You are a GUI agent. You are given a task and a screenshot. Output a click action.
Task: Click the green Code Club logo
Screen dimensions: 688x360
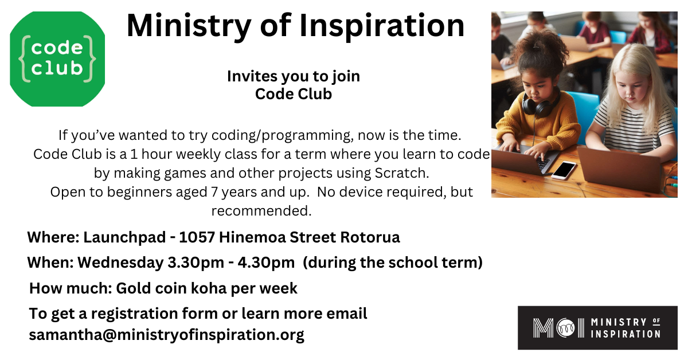coord(57,59)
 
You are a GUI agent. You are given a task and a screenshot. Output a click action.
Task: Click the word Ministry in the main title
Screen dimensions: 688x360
coord(189,26)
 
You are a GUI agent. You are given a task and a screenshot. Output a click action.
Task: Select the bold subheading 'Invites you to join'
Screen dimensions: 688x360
coord(294,76)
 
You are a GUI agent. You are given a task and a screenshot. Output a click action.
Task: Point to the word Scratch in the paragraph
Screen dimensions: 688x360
coord(401,173)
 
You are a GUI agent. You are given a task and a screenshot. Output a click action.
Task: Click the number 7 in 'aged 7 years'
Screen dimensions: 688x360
coord(214,192)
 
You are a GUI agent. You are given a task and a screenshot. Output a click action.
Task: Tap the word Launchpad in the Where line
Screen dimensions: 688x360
coord(124,237)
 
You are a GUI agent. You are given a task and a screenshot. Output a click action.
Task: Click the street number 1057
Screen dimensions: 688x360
coord(197,237)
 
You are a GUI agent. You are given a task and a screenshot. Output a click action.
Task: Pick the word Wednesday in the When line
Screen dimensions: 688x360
coord(120,263)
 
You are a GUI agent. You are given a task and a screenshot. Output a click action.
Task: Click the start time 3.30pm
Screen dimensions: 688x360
coord(196,263)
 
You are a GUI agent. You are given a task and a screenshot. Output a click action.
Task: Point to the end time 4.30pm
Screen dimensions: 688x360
coord(266,263)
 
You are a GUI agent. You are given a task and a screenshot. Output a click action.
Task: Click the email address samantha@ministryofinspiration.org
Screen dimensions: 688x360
coord(166,335)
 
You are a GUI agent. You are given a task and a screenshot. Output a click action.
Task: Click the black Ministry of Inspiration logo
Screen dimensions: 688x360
coord(597,328)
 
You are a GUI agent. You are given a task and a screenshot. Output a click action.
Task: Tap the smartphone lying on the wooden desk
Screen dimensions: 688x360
coord(564,170)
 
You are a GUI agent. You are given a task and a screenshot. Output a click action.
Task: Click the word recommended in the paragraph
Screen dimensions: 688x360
coord(261,212)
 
